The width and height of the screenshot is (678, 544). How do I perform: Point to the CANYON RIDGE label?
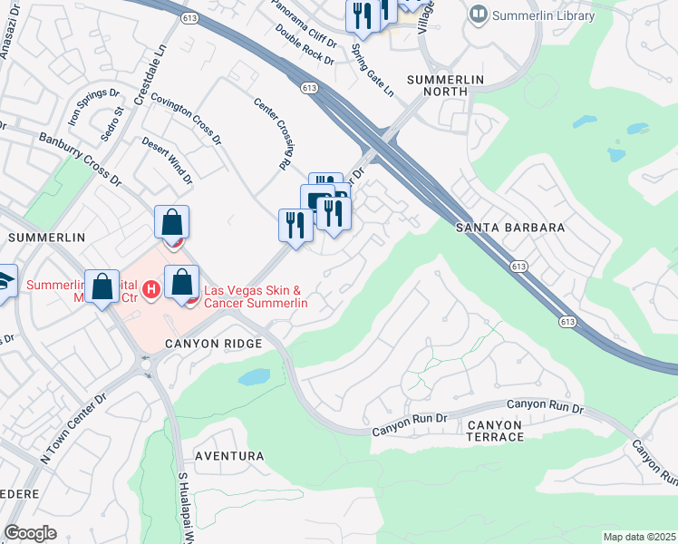point(213,344)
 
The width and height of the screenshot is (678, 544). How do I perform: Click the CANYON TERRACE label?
point(495,431)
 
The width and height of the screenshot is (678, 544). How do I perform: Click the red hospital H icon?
point(152,289)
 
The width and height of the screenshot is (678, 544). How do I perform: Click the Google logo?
point(30,533)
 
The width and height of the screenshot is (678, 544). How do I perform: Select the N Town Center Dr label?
point(73,428)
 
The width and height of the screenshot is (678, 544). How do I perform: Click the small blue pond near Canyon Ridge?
point(257,376)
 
